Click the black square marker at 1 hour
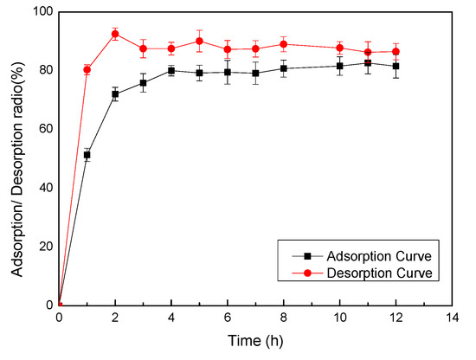(x=87, y=154)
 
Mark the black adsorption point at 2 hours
(x=115, y=93)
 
